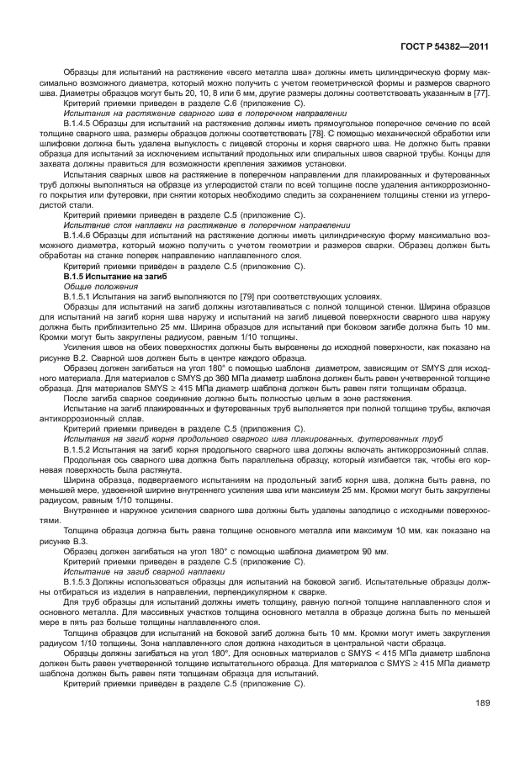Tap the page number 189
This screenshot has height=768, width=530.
[x=481, y=702]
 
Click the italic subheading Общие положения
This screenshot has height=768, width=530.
[x=89, y=286]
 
